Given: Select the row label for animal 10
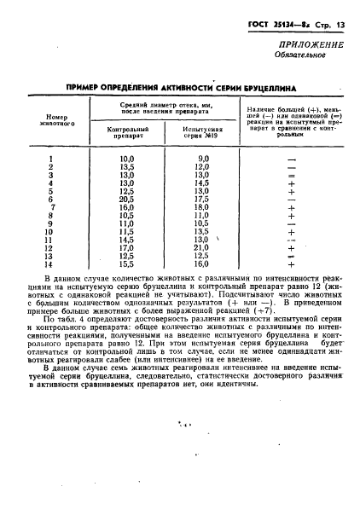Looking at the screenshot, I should coord(49,231).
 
